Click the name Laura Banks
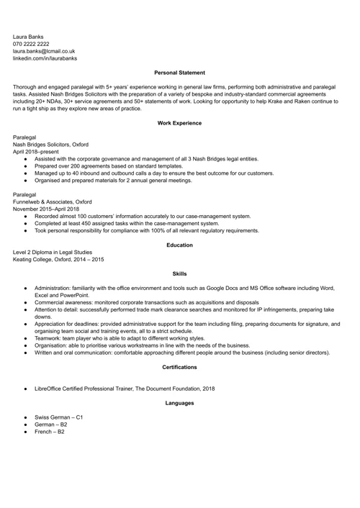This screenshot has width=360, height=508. tap(28, 35)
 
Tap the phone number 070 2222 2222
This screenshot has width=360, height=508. tap(36, 43)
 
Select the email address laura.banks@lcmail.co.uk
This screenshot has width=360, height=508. tap(44, 51)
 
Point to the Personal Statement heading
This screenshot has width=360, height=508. tap(179, 73)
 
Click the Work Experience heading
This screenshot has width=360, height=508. tap(179, 123)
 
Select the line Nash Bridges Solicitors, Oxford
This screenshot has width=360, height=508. tap(50, 144)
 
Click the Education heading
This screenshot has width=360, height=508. tap(179, 245)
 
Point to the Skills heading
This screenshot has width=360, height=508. tap(179, 274)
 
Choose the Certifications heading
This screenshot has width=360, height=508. tap(179, 368)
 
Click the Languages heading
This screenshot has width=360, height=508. tap(179, 403)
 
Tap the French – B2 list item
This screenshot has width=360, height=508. tap(50, 432)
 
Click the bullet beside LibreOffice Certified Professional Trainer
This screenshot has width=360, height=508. tap(26, 389)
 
